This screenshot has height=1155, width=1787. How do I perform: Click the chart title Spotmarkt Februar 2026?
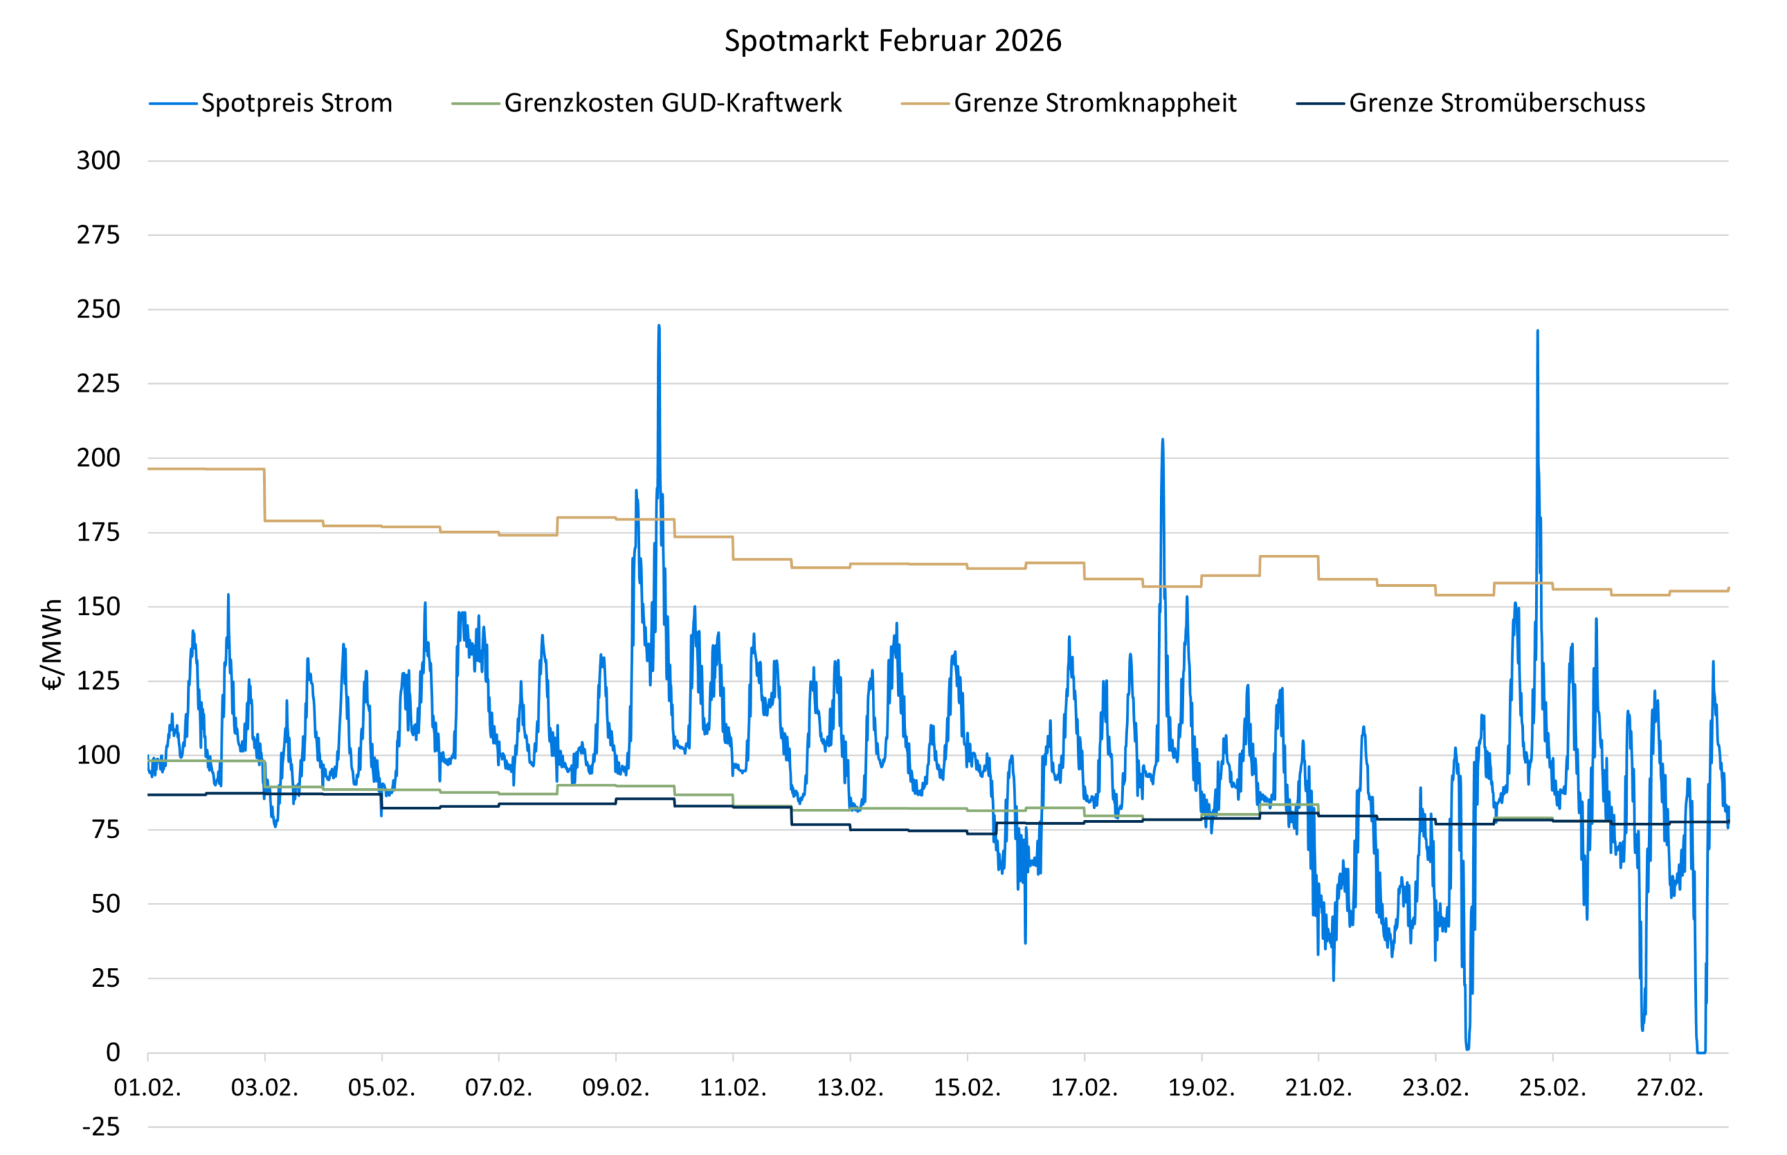click(893, 40)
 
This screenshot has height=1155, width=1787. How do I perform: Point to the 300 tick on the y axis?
click(98, 161)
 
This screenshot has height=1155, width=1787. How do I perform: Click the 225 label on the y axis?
click(98, 384)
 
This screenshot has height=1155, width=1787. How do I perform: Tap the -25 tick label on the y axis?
click(101, 1126)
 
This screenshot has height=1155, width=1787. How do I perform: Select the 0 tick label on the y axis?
click(112, 1052)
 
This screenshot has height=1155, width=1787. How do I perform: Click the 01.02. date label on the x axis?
click(148, 1087)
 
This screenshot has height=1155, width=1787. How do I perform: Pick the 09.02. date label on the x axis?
click(616, 1087)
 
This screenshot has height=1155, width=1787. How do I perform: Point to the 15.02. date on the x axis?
click(967, 1087)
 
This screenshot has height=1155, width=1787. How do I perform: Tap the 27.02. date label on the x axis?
click(1669, 1087)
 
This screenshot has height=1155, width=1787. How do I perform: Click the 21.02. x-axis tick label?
click(1318, 1087)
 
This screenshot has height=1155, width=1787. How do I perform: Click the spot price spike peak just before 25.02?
click(1537, 331)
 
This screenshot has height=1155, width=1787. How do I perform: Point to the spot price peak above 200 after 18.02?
click(1162, 440)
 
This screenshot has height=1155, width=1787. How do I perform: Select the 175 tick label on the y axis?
click(98, 532)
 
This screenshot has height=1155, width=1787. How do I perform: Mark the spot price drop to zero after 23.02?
click(1467, 1048)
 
